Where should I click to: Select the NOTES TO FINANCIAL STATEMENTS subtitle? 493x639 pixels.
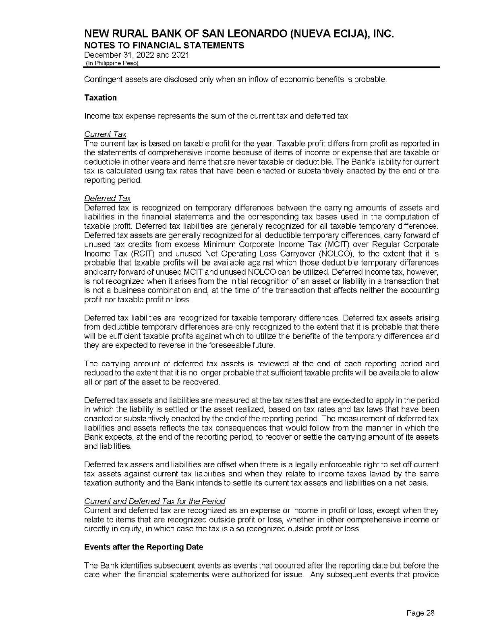point(164,45)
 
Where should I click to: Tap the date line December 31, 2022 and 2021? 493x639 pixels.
point(136,55)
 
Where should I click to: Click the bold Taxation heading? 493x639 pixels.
point(100,98)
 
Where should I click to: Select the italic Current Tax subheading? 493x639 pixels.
point(105,134)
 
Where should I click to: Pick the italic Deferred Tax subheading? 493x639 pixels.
point(107,198)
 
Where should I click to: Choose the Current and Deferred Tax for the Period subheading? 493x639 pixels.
point(154,501)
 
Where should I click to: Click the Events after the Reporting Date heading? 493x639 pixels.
point(143,547)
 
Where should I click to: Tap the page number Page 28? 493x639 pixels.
point(420,613)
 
